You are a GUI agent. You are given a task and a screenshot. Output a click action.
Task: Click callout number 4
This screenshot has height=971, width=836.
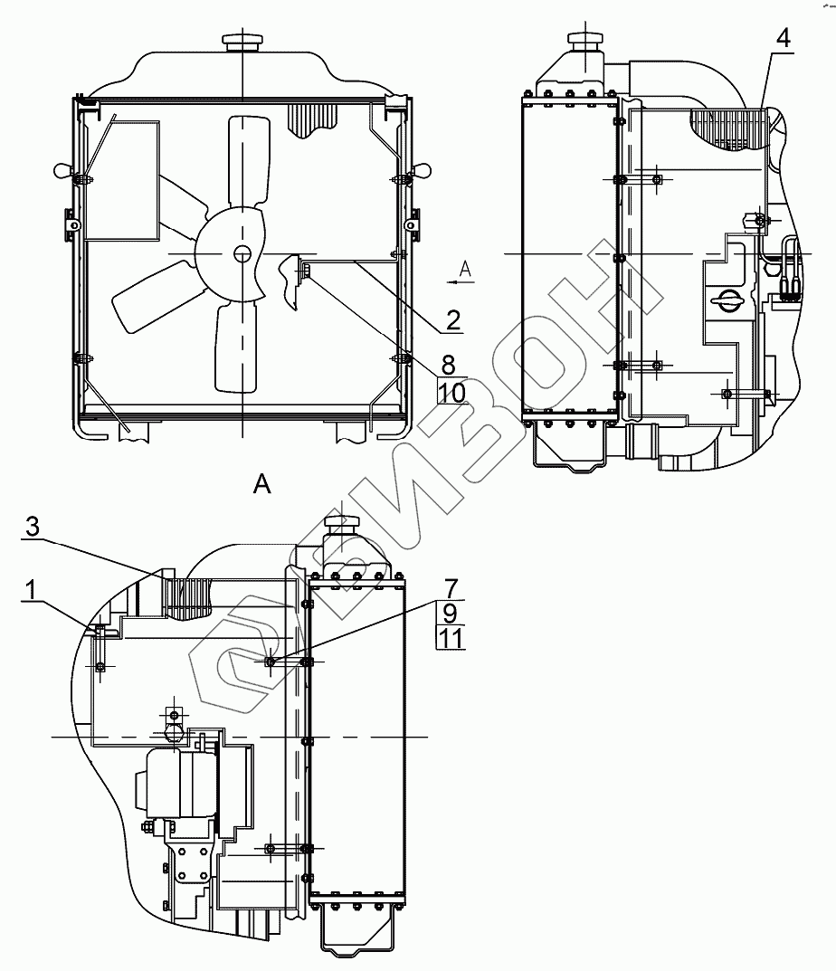click(x=783, y=38)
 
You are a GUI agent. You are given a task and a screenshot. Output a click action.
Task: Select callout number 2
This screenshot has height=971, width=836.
click(x=452, y=320)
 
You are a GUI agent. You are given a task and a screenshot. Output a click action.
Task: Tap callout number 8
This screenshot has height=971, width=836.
click(x=449, y=365)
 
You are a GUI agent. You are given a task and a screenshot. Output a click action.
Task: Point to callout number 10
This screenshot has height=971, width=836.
click(x=452, y=392)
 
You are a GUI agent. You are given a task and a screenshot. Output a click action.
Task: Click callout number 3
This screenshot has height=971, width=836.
click(x=33, y=527)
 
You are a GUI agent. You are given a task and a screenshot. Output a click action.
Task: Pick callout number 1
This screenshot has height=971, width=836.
click(x=31, y=589)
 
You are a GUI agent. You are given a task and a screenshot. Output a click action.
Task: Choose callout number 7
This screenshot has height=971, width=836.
click(x=451, y=587)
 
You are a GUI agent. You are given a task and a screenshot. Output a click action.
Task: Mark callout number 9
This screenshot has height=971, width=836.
click(x=451, y=613)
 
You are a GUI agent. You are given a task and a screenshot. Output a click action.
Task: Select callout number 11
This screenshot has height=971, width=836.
click(x=451, y=638)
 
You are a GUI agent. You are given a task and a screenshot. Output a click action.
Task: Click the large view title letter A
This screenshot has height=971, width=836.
click(x=262, y=483)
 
